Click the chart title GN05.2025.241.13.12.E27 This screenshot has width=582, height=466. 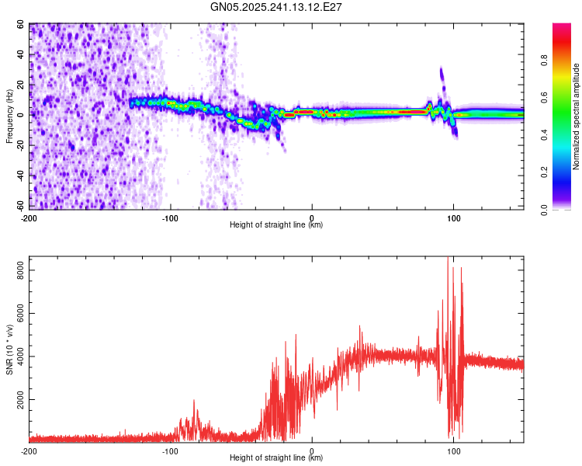pyautogui.click(x=277, y=7)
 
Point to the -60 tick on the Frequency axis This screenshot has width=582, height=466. pyautogui.click(x=20, y=207)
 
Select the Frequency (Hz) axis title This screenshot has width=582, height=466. pyautogui.click(x=9, y=116)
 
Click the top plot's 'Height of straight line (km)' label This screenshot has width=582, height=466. pyautogui.click(x=276, y=224)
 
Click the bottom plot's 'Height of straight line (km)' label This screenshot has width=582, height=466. pyautogui.click(x=276, y=458)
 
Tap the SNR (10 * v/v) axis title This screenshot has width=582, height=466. pyautogui.click(x=9, y=349)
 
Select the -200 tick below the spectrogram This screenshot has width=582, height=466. pyautogui.click(x=29, y=217)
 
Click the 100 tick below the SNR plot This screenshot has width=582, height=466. pyautogui.click(x=454, y=450)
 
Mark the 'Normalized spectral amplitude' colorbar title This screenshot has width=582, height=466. pyautogui.click(x=577, y=116)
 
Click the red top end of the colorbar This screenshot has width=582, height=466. pyautogui.click(x=562, y=27)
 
